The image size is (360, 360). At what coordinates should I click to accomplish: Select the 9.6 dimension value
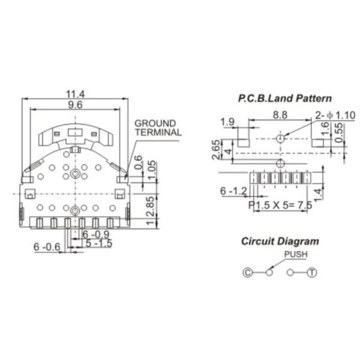coord(75,104)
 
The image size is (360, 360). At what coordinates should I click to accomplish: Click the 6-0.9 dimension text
coord(96,234)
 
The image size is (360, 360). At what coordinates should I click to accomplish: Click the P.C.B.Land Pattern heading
coord(284,98)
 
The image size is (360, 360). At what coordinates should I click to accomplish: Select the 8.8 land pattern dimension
coord(280,115)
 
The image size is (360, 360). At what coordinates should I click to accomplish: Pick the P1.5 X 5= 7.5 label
coord(280,205)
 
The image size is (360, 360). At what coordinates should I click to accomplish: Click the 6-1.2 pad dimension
coord(233,191)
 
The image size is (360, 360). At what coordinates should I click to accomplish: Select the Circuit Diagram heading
coord(280,241)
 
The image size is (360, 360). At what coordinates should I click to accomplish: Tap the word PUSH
coord(295,254)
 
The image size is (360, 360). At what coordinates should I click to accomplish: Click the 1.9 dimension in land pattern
coord(227,122)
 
